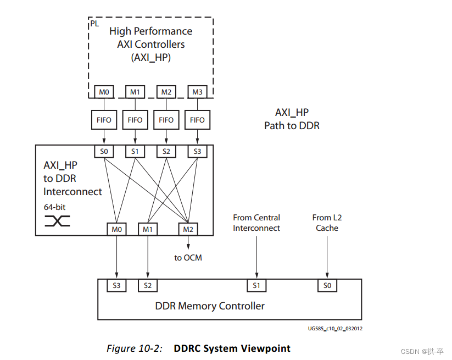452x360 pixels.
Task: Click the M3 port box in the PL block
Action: [x=198, y=92]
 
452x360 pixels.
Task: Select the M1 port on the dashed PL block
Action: [x=135, y=92]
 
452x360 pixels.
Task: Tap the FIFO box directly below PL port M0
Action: [x=104, y=120]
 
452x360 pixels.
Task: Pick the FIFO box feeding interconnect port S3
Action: [x=198, y=120]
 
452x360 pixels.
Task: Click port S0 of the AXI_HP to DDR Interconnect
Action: [x=104, y=152]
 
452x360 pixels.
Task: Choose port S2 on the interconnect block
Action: [x=166, y=152]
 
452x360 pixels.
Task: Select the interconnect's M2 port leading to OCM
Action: [x=188, y=229]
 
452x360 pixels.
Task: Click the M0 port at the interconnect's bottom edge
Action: [x=117, y=229]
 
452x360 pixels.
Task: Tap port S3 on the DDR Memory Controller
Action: [x=116, y=286]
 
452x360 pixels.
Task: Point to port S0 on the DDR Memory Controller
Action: [x=327, y=286]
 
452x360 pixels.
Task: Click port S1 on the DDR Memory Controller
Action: [x=256, y=286]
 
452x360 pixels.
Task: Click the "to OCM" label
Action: [x=188, y=258]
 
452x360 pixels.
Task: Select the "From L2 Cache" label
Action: [x=327, y=223]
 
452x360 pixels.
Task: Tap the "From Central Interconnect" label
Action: [x=256, y=223]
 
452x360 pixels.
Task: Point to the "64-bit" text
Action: [x=55, y=207]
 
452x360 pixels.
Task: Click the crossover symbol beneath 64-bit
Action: [x=57, y=221]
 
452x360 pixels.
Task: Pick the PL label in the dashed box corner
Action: [x=94, y=24]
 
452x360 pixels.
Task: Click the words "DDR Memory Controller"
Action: [x=210, y=306]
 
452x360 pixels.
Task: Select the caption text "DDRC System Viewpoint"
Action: [x=232, y=348]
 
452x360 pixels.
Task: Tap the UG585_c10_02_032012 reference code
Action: [x=335, y=329]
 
